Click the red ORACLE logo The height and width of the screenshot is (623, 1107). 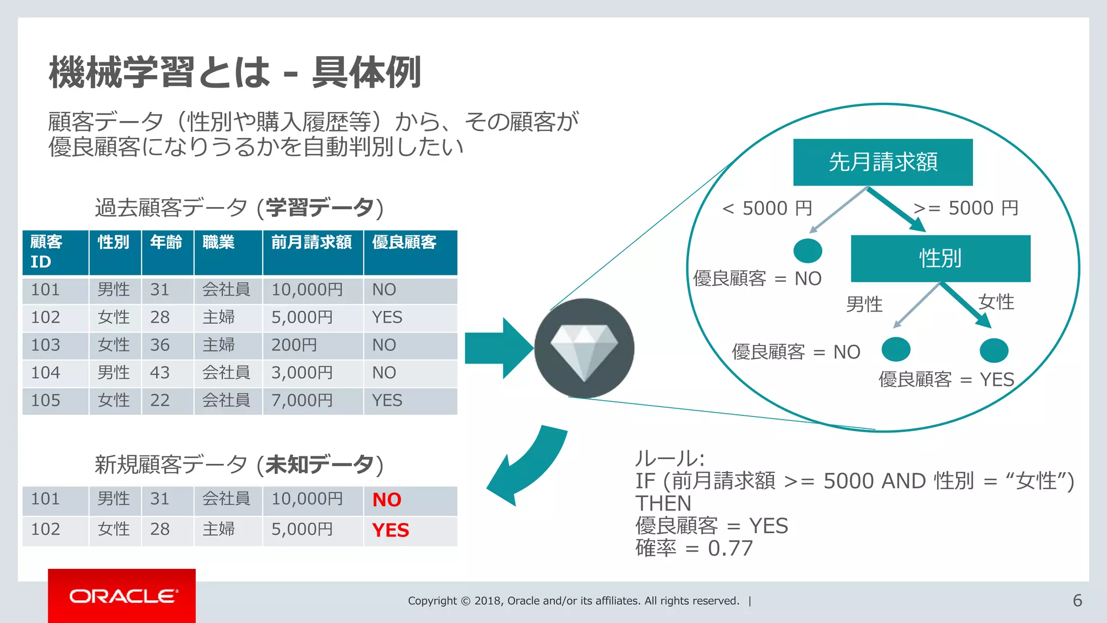click(x=122, y=595)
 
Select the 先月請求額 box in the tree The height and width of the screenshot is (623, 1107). click(x=883, y=162)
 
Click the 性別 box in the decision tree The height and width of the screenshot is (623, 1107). click(x=941, y=259)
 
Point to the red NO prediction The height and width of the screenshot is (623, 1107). click(x=386, y=500)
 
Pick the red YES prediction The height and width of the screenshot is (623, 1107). click(x=390, y=530)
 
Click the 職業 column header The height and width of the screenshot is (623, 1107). click(x=219, y=242)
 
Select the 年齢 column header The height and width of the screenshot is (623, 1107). click(x=166, y=242)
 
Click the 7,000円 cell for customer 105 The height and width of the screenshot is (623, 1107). click(x=302, y=401)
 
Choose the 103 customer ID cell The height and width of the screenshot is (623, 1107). click(x=45, y=345)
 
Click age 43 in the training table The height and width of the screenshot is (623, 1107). click(x=160, y=373)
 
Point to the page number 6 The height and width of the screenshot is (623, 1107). click(x=1077, y=600)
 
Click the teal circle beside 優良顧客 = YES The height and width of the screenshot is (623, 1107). click(x=993, y=350)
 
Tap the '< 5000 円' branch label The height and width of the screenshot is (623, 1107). click(x=767, y=208)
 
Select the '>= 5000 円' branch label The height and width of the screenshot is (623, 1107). click(x=965, y=208)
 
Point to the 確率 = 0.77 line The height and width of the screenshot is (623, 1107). click(x=694, y=548)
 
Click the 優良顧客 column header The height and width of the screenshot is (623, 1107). click(x=404, y=242)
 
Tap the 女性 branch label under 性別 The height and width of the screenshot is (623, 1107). click(x=996, y=302)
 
